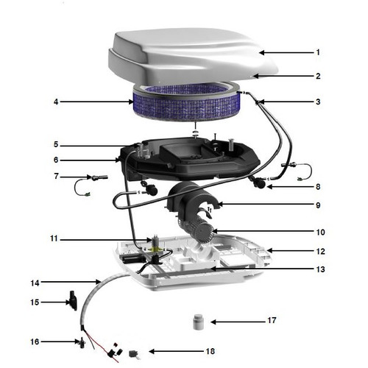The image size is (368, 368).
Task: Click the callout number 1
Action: (x=318, y=52)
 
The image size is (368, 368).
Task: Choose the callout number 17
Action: (x=272, y=321)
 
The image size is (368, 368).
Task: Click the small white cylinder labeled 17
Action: (x=197, y=322)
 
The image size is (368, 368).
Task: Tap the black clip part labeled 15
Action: (x=71, y=300)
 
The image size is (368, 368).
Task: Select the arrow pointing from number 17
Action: (x=236, y=322)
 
